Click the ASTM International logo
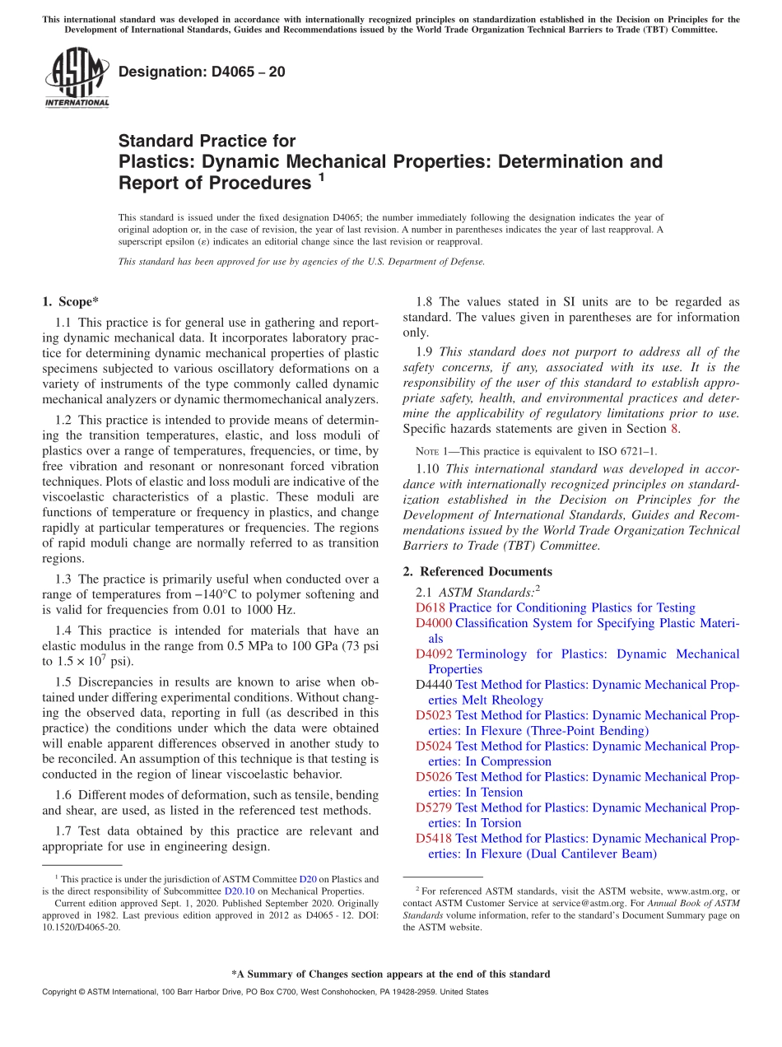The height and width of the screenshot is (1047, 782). click(76, 77)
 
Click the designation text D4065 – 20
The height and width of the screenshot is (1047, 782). click(202, 72)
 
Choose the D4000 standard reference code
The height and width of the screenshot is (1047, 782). click(434, 623)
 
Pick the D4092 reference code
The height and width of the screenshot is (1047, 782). click(434, 654)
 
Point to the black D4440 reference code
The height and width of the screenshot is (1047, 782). click(434, 685)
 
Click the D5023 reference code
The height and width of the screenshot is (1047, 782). click(434, 715)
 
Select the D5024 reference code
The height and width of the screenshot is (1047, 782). click(434, 747)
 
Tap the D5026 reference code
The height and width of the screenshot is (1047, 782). click(434, 777)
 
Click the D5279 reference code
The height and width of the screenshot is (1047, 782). click(434, 807)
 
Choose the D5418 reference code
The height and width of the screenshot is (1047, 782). click(434, 839)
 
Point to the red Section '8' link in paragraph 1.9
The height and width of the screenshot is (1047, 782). click(675, 429)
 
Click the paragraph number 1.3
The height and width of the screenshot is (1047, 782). click(64, 579)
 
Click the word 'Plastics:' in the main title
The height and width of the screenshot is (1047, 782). click(156, 161)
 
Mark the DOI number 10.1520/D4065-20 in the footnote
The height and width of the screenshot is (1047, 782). click(81, 927)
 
